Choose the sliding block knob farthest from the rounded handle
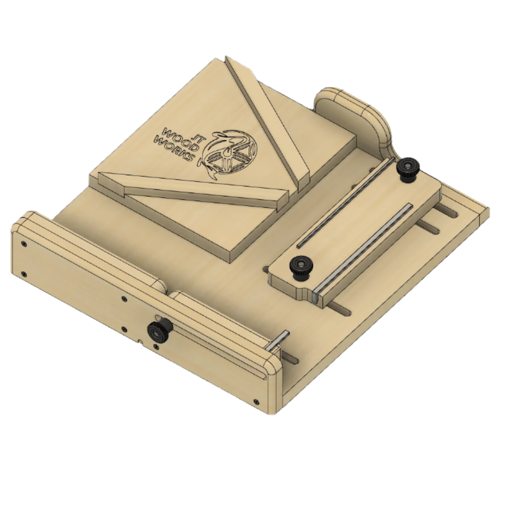tap(300, 267)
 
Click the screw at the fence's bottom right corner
tap(255, 401)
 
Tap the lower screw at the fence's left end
tap(24, 273)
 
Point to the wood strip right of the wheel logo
tap(269, 120)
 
